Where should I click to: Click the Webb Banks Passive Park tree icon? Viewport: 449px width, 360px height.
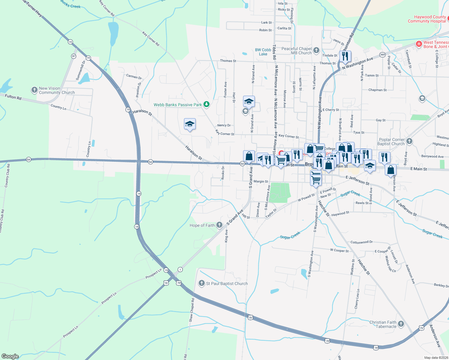(206, 104)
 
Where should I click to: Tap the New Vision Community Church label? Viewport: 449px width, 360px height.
(57, 90)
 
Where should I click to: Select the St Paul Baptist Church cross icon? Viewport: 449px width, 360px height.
(202, 283)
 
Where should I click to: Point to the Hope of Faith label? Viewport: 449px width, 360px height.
(202, 225)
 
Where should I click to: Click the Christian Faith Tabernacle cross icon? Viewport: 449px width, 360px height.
(401, 324)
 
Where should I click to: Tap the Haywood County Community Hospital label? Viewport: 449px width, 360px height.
(427, 19)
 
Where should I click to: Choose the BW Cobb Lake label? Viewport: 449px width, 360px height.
(263, 52)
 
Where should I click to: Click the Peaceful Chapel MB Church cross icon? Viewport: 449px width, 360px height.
(316, 50)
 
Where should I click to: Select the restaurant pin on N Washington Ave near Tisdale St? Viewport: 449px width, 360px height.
(345, 56)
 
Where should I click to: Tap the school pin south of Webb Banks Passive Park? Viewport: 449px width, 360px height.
(190, 124)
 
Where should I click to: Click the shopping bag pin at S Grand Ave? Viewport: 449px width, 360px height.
(249, 156)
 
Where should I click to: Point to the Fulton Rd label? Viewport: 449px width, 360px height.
(13, 97)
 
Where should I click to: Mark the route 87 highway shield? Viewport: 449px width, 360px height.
(74, 56)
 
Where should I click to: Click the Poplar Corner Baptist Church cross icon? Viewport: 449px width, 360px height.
(409, 141)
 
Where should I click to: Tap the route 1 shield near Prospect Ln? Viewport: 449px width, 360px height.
(180, 269)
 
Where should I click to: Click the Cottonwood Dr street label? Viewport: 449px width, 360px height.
(361, 242)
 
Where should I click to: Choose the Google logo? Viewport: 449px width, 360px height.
(10, 356)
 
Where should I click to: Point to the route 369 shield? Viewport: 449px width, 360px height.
(382, 55)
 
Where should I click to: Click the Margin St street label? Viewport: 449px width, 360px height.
(261, 181)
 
